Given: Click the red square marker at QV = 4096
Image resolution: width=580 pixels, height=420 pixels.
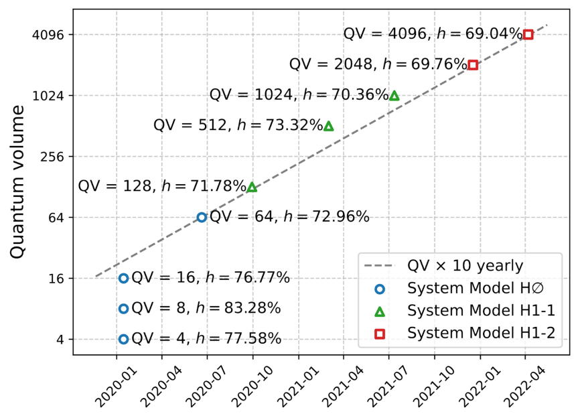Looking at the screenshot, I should click(528, 34).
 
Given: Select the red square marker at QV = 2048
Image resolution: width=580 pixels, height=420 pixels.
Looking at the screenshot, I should click(473, 65).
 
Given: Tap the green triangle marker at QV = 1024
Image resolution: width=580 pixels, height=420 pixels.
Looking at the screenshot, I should click(394, 96).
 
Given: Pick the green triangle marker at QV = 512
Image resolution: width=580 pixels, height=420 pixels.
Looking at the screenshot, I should click(328, 126).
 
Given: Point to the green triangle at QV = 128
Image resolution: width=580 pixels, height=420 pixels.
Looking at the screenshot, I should click(252, 187).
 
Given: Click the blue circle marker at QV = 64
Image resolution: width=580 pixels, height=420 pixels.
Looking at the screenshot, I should click(202, 217).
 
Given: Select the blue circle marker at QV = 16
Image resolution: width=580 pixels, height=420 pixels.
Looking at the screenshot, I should click(123, 278).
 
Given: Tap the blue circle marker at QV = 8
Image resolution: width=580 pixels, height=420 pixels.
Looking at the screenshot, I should click(123, 309).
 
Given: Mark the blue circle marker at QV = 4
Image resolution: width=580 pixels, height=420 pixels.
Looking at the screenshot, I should click(123, 339).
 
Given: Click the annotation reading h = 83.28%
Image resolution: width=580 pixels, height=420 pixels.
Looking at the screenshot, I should click(206, 309).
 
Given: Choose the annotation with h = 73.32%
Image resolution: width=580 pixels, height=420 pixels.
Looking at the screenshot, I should click(238, 126).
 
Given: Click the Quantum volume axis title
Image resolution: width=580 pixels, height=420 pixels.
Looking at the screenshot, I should click(18, 181).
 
